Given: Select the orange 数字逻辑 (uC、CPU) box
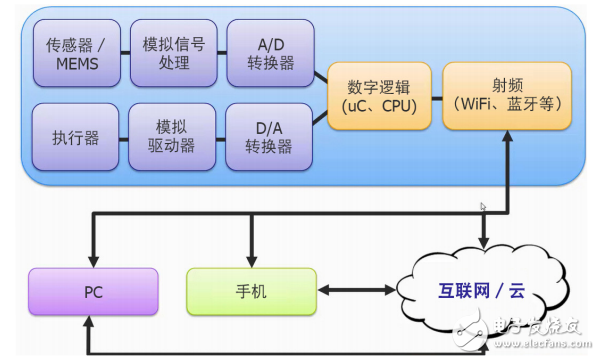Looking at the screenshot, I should (380, 95).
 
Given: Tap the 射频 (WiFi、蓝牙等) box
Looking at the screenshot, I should (506, 95).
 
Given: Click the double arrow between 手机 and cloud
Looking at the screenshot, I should (356, 290).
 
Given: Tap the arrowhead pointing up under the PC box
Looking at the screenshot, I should (91, 323).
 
